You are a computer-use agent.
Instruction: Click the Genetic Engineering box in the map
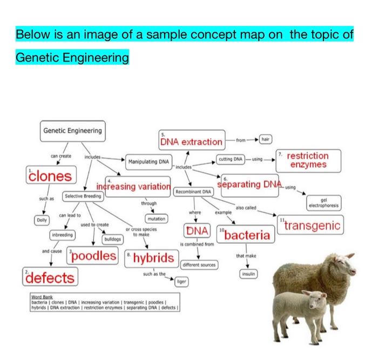click(72, 131)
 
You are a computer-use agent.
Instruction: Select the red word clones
click(50, 175)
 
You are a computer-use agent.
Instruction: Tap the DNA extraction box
click(191, 141)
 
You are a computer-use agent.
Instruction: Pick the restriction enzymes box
click(308, 160)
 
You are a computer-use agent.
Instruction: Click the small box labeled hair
click(265, 139)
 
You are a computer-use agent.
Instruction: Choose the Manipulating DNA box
click(148, 161)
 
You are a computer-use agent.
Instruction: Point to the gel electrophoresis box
click(323, 203)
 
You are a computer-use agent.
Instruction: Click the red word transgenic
click(311, 225)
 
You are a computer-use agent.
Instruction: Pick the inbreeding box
click(62, 236)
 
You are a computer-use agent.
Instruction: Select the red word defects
click(50, 277)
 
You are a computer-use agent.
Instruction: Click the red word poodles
click(93, 255)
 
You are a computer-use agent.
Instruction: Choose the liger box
click(182, 281)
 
